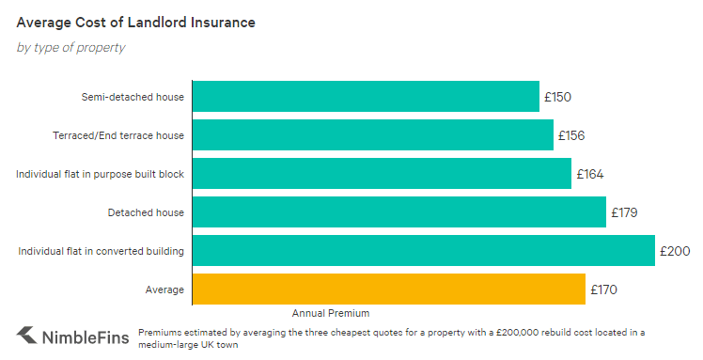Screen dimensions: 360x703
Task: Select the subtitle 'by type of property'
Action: click(70, 47)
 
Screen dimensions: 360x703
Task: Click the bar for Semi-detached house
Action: click(366, 97)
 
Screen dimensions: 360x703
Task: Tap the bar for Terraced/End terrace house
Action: click(372, 135)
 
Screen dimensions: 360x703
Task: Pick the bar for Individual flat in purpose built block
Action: click(382, 174)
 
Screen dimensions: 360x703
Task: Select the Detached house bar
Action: click(398, 212)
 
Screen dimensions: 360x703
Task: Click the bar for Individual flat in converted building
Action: click(423, 251)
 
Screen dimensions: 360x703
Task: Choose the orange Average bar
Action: click(389, 290)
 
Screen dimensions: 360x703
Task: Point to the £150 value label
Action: click(557, 97)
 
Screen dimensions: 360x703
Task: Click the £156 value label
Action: click(571, 135)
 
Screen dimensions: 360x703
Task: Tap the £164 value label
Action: click(589, 174)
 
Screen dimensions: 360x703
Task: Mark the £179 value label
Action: click(624, 212)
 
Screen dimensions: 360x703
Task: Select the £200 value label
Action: click(675, 251)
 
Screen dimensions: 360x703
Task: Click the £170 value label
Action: click(603, 290)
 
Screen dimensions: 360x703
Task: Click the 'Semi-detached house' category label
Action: click(133, 97)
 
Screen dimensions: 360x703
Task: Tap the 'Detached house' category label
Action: click(146, 212)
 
